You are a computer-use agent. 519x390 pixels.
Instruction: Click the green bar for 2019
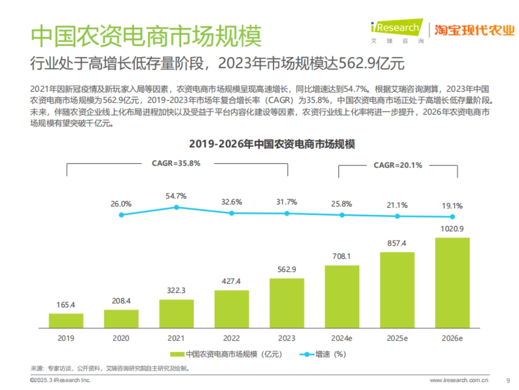click(x=66, y=320)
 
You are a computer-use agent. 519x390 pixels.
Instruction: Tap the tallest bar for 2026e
click(x=452, y=282)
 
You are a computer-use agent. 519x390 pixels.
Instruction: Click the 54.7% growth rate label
click(x=176, y=196)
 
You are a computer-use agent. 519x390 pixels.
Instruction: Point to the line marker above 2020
click(x=121, y=214)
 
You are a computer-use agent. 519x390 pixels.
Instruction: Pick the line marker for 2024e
click(x=342, y=215)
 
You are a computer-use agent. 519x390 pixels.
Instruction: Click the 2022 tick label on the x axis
click(x=231, y=338)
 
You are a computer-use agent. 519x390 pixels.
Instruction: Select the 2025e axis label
click(x=397, y=338)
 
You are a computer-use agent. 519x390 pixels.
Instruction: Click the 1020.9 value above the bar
click(x=452, y=228)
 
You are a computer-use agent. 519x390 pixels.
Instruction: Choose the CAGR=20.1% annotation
click(x=397, y=165)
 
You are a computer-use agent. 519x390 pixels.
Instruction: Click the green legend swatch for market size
click(x=176, y=354)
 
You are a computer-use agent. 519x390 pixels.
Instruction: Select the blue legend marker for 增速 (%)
click(x=307, y=354)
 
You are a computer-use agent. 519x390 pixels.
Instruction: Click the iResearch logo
click(x=395, y=29)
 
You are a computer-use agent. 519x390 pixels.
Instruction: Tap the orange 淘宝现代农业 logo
click(x=474, y=30)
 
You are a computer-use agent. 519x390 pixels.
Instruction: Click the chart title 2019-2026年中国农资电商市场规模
click(x=272, y=144)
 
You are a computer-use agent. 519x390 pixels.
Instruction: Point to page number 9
click(x=508, y=380)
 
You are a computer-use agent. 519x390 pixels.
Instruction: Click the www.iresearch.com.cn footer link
click(x=459, y=380)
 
